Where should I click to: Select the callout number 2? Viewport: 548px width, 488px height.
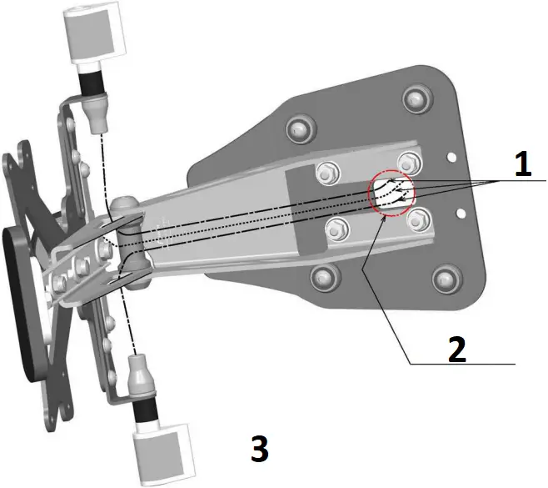(457, 349)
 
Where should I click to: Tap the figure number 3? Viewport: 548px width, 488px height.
(259, 450)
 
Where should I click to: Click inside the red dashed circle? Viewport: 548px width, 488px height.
(391, 194)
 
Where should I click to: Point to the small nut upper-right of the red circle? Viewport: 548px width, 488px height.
(407, 162)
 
